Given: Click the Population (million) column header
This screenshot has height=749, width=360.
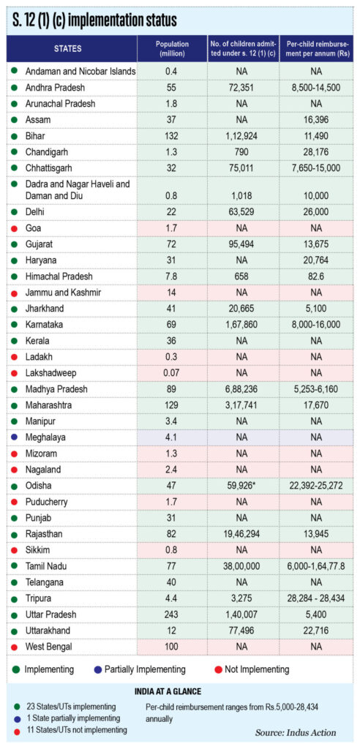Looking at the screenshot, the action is click(172, 48).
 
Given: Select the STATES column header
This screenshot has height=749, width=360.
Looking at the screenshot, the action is click(67, 48).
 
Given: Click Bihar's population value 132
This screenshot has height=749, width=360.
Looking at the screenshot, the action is click(172, 136).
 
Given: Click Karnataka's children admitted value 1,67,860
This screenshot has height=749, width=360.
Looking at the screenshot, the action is click(242, 325).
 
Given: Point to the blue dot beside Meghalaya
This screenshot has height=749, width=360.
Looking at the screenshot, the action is click(15, 437).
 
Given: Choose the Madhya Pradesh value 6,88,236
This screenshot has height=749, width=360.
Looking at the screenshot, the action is click(242, 389).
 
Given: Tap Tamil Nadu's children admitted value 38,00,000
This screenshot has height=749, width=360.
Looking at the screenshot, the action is click(242, 566).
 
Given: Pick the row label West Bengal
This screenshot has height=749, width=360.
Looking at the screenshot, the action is click(46, 647).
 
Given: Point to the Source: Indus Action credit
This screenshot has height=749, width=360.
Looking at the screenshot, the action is click(296, 732).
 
